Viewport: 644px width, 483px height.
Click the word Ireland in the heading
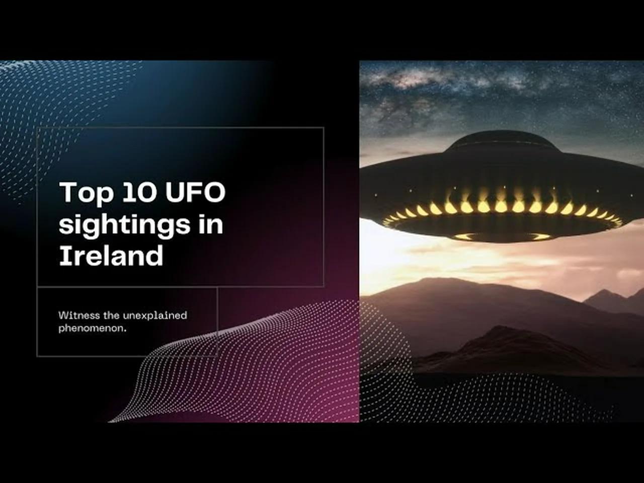(111, 256)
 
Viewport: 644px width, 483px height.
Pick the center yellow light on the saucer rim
(501, 206)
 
